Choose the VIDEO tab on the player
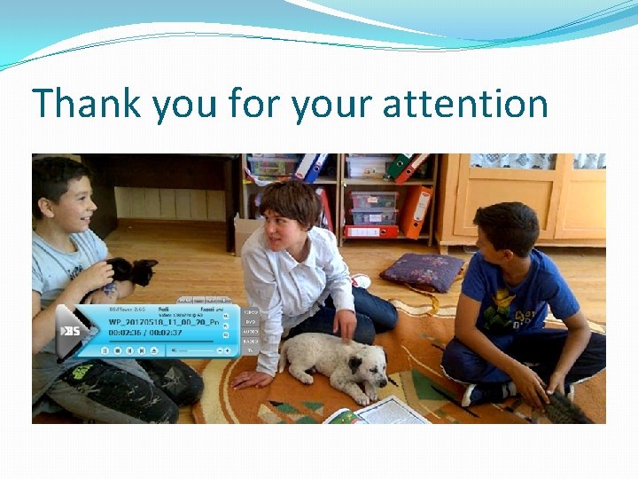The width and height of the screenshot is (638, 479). pyautogui.click(x=251, y=312)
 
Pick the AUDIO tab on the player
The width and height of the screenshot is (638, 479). pyautogui.click(x=251, y=331)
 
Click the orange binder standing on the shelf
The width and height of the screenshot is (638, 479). pyautogui.click(x=414, y=211)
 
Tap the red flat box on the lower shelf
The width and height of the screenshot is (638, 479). pyautogui.click(x=371, y=232)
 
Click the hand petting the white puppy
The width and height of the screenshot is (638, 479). pyautogui.click(x=345, y=326)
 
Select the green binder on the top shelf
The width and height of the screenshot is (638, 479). pyautogui.click(x=399, y=166)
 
